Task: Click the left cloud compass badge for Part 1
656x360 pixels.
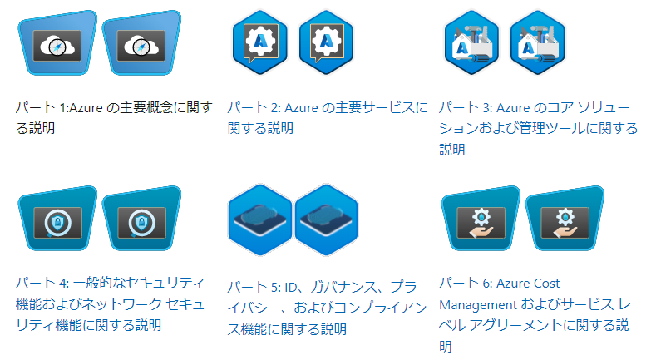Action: (57, 43)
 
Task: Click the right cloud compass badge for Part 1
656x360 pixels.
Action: (141, 43)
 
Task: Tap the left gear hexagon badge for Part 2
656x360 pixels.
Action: (259, 42)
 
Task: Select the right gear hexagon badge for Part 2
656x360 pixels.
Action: (326, 42)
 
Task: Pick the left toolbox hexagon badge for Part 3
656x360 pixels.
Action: (471, 42)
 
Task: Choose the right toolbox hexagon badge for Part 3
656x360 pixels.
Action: (538, 42)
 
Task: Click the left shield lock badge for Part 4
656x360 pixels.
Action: (57, 219)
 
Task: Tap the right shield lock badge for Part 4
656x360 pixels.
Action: (141, 219)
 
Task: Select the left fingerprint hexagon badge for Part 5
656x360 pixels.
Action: (259, 219)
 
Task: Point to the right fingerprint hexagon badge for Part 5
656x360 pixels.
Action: (326, 219)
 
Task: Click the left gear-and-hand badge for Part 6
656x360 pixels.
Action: (481, 219)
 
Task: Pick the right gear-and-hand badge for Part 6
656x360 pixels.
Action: (565, 219)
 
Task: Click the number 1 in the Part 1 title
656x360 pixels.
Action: (62, 108)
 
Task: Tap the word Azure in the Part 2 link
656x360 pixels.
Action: (301, 108)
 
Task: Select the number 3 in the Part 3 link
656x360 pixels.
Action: (486, 108)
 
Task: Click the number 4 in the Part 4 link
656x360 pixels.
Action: (63, 284)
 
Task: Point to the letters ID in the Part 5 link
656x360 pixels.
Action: (290, 288)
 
